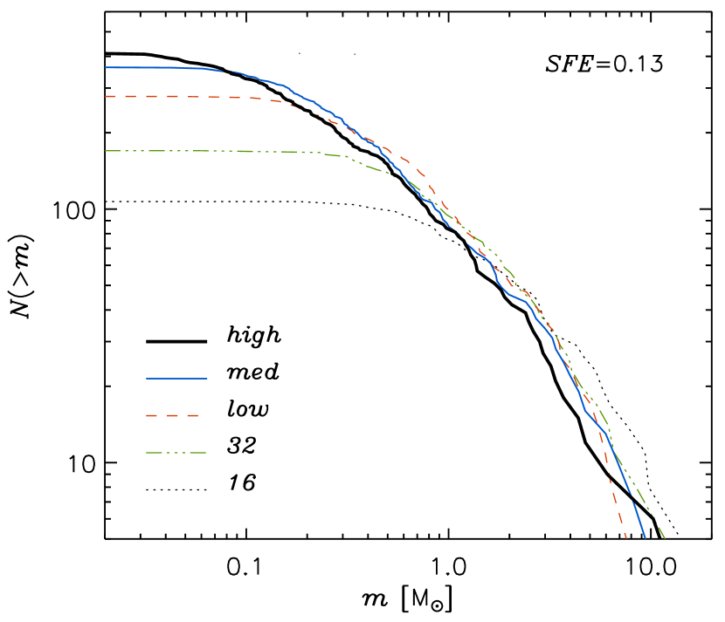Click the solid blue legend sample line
pos(176,379)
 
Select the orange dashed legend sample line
pos(173,416)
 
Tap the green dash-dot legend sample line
pos(176,453)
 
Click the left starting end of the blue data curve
pos(106,67)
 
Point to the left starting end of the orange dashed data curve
pos(106,96)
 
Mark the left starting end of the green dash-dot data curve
pos(106,151)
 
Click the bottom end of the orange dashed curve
pos(626,537)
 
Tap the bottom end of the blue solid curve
pos(645,537)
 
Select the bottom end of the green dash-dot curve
pos(665,538)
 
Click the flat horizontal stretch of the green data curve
pos(192,151)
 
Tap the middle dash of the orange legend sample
pos(173,416)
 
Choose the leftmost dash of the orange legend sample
pos(152,416)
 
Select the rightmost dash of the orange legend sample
pos(193,416)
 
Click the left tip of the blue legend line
pos(147,379)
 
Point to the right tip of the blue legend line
pos(207,379)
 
